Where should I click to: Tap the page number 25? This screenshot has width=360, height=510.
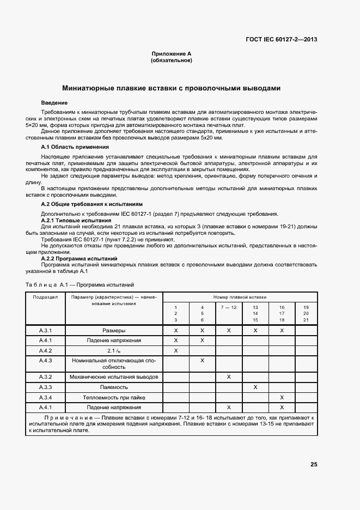point(314,465)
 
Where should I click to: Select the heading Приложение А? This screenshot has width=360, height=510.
point(171,54)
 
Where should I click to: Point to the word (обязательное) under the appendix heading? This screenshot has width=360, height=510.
point(171,60)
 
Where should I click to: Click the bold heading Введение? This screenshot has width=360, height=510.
point(54,102)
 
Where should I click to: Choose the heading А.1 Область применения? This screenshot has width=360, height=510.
point(68,147)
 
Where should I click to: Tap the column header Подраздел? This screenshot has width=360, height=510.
point(45,297)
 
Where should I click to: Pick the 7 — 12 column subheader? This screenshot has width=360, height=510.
point(229,308)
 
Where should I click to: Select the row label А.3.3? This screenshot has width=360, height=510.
point(45,387)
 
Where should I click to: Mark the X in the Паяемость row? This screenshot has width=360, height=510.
point(255,387)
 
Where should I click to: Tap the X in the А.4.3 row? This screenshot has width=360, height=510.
point(202,360)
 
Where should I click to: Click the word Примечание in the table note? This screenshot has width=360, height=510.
point(65,416)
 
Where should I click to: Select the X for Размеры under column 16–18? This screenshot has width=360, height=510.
point(282,330)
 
